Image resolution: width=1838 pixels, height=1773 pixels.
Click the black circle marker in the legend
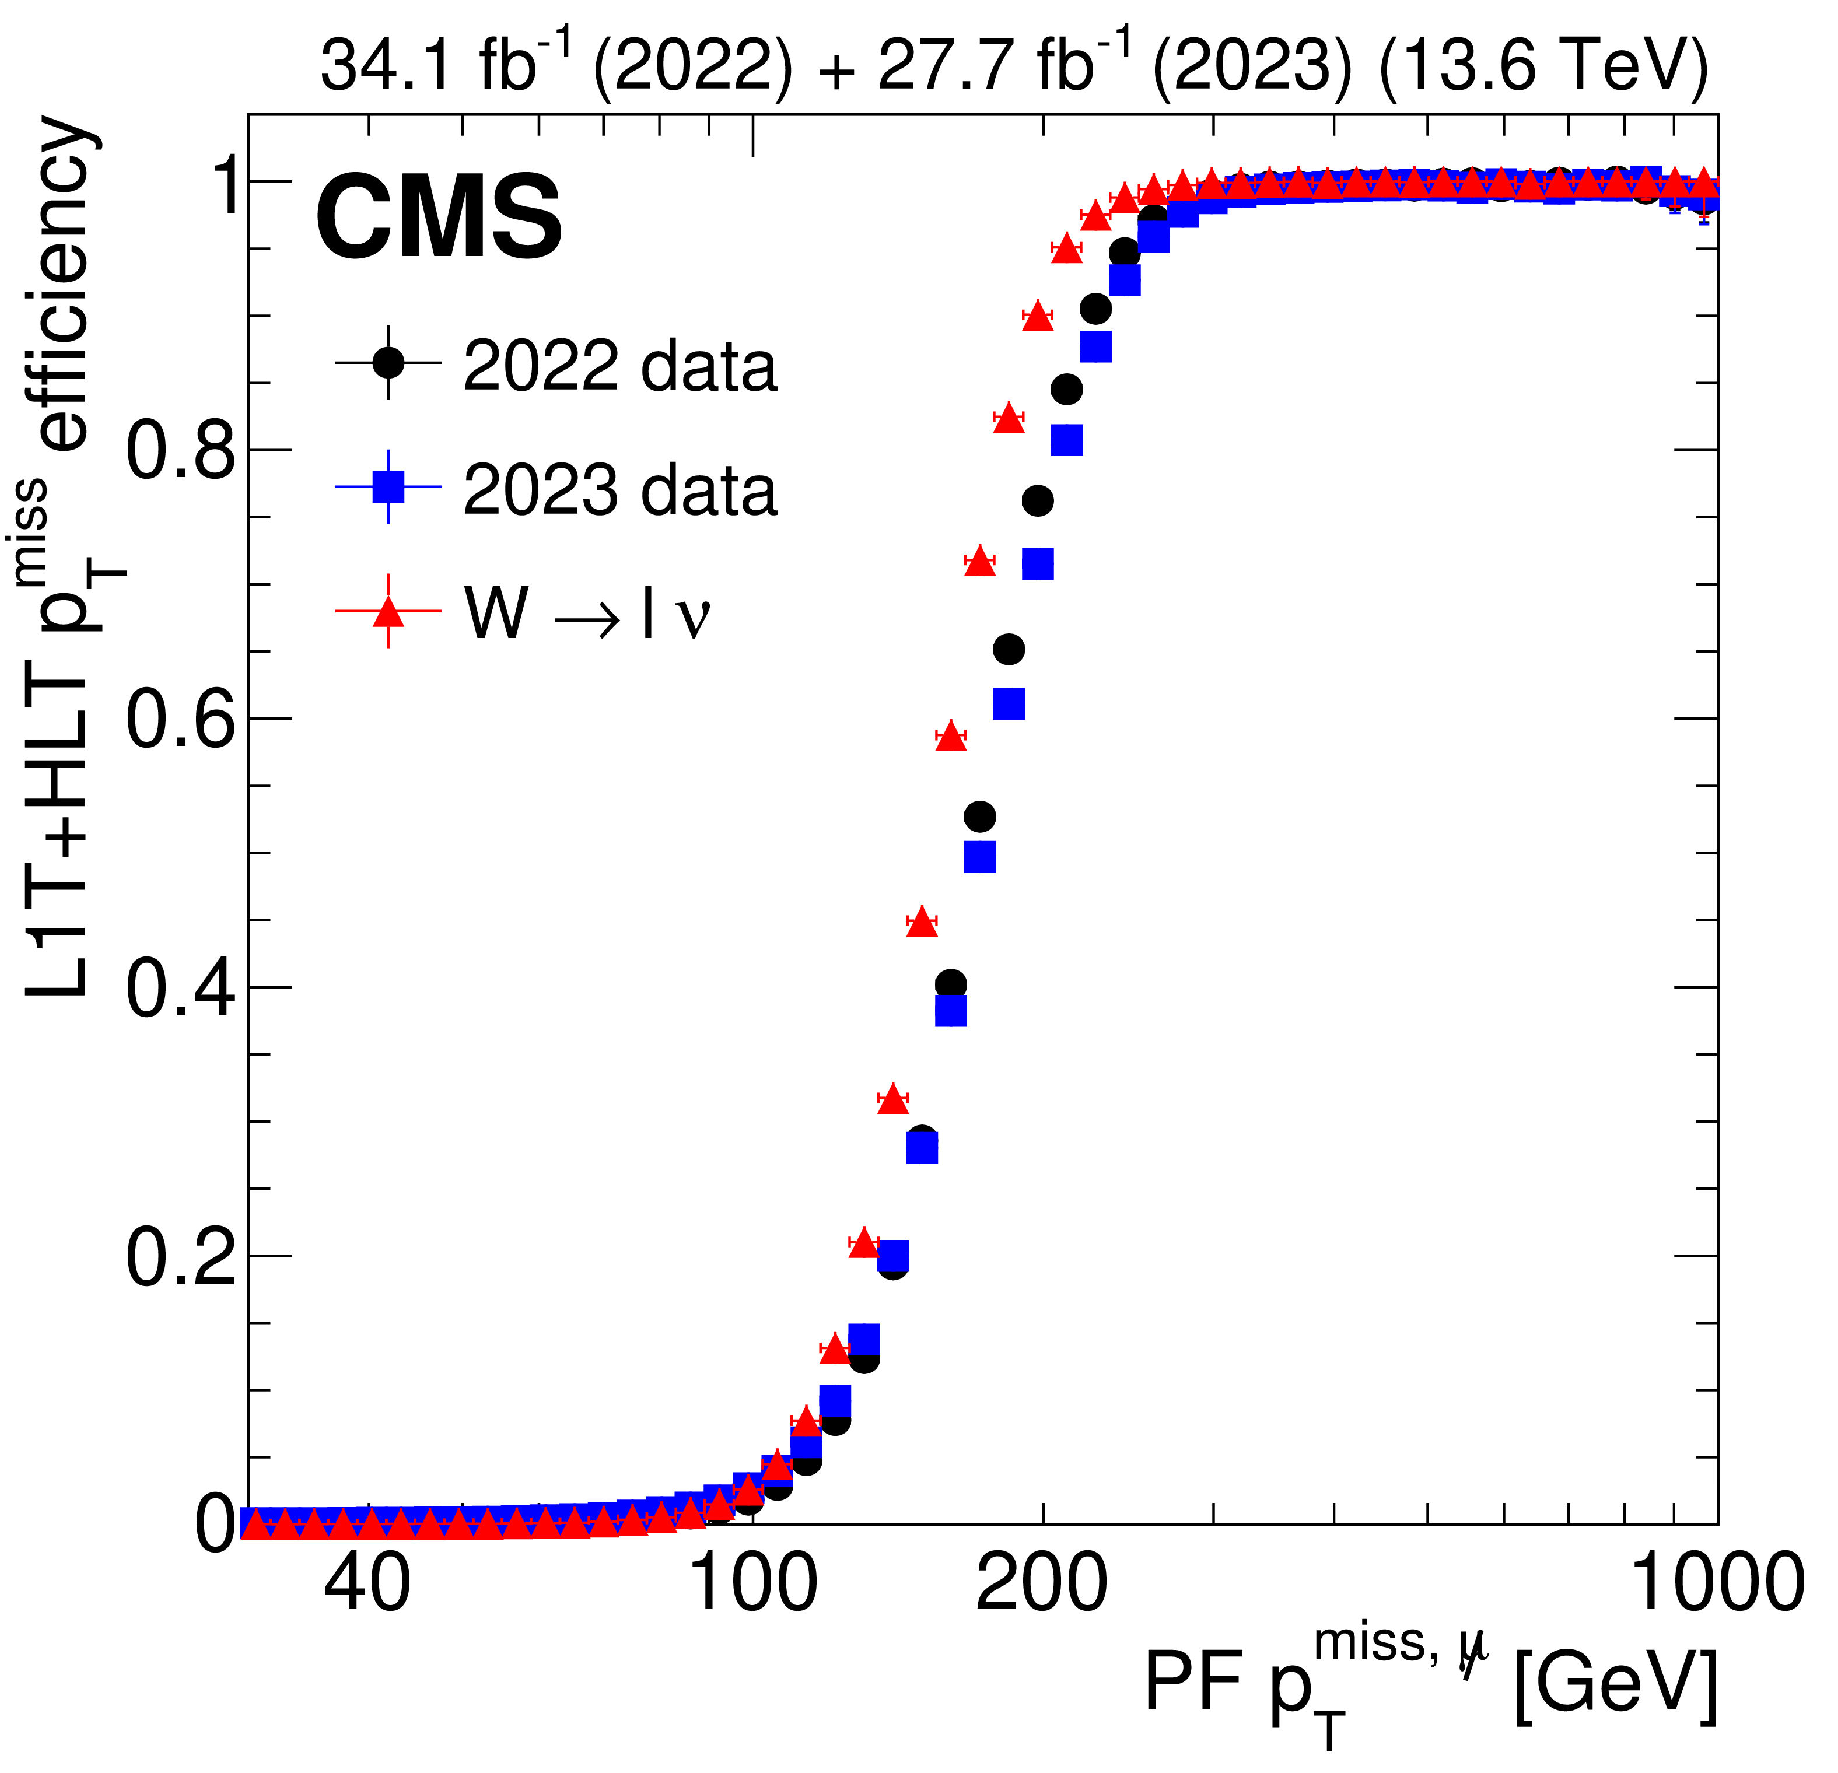tap(388, 362)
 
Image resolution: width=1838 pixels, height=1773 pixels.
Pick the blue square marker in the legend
tap(388, 486)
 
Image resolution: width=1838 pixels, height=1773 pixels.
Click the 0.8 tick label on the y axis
tap(180, 451)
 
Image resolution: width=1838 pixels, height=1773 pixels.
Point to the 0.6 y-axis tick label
tap(180, 720)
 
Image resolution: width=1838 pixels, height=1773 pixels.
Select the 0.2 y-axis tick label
tap(180, 1257)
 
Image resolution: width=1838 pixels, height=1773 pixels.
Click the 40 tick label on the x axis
tap(367, 1583)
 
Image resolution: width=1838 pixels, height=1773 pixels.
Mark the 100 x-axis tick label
tap(753, 1583)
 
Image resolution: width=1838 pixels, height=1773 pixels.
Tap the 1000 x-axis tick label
tap(1718, 1583)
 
